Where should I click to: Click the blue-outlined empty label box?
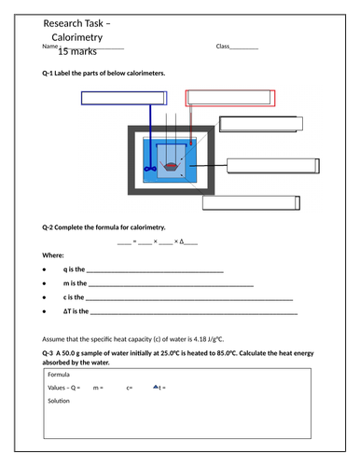(123, 99)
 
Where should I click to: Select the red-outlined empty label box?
(229, 99)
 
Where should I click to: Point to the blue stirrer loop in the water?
(148, 169)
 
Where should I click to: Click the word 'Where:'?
(53, 254)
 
